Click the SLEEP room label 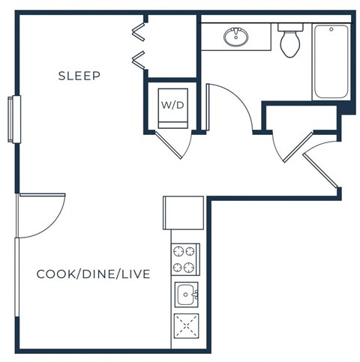[x=79, y=76]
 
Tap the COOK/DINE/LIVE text [x=94, y=274]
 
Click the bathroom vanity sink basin [x=236, y=35]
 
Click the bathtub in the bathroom [x=331, y=62]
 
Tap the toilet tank [x=289, y=27]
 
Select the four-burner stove [x=185, y=260]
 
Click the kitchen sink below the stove [x=185, y=295]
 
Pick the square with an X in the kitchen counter [x=185, y=328]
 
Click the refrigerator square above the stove [x=184, y=213]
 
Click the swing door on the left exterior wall [x=34, y=215]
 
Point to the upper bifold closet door [x=138, y=31]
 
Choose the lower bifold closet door [x=138, y=58]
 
